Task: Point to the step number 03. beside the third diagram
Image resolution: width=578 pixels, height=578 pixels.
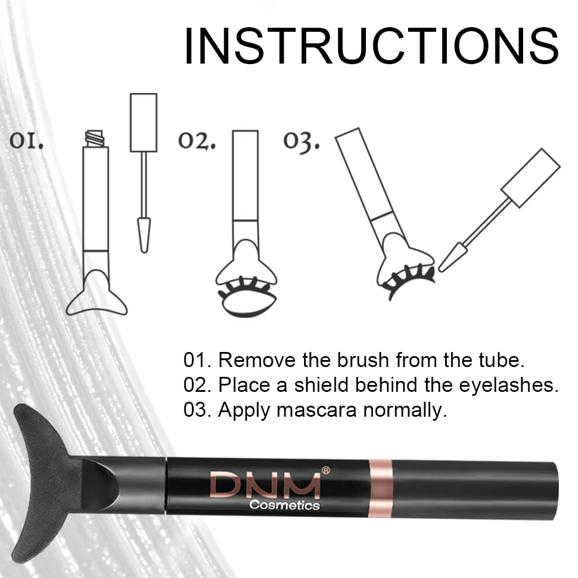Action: (x=301, y=142)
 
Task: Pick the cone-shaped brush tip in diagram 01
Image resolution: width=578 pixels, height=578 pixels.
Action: (x=143, y=234)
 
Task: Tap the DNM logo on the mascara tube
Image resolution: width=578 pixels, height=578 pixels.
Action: (x=265, y=486)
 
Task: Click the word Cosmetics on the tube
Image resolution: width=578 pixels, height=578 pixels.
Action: (x=284, y=505)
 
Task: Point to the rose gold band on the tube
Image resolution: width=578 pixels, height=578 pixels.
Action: (x=380, y=488)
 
